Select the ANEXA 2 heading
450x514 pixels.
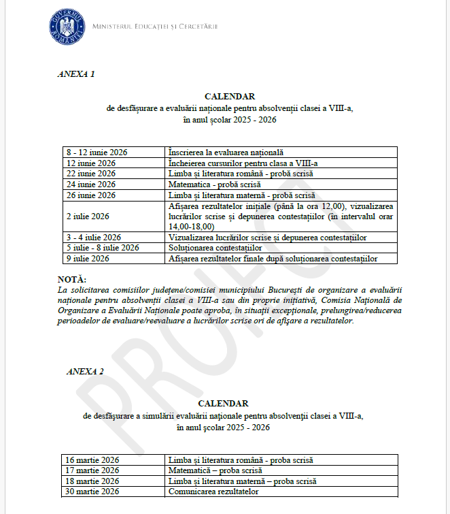click(85, 371)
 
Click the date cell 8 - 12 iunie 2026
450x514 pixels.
click(97, 152)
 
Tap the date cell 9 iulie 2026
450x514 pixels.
click(88, 259)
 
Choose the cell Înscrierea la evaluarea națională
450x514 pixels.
click(226, 152)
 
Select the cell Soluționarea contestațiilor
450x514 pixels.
click(215, 248)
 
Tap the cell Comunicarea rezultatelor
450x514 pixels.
click(213, 491)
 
